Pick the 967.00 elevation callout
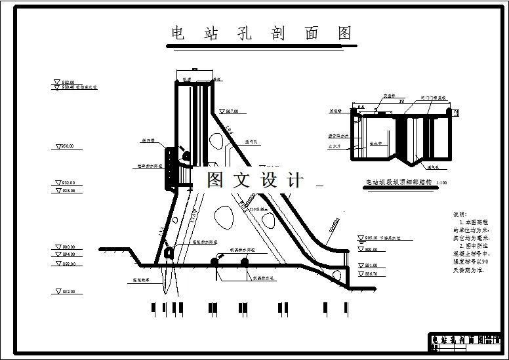coord(231,111)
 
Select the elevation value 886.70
coord(371,273)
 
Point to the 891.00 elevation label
coord(371,265)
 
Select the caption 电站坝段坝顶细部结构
coord(398,182)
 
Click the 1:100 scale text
coord(441,183)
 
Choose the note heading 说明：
coord(461,214)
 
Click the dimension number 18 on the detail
coord(401,102)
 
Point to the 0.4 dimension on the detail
coord(361,106)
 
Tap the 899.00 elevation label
coord(371,250)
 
